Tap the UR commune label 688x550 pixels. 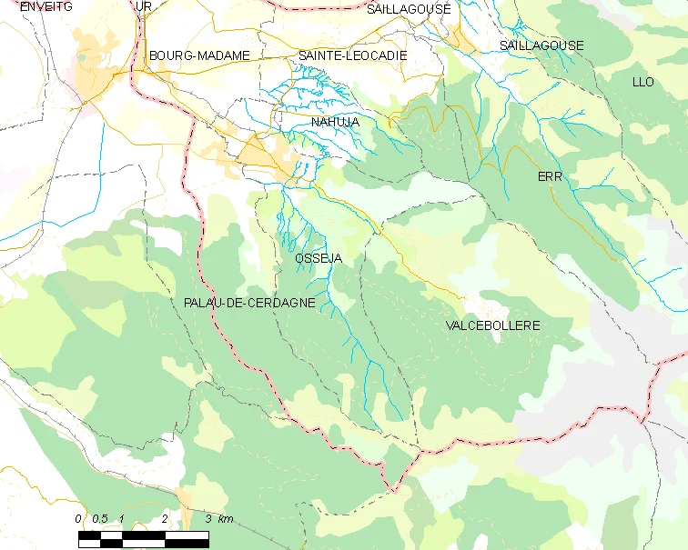tap(143, 6)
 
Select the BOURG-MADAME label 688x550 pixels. tap(199, 55)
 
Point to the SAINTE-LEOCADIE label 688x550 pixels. tap(352, 55)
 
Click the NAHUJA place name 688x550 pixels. tap(335, 122)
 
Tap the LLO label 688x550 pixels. tap(642, 82)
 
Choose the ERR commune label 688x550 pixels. tap(551, 176)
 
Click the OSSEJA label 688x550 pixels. tap(319, 259)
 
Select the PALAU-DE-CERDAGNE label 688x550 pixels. tap(248, 303)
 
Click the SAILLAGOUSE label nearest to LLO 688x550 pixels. tap(541, 45)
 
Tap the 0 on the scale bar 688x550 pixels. tap(79, 518)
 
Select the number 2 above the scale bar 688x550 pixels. tap(165, 518)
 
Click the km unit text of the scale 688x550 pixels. tap(225, 518)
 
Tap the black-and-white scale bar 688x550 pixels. tap(144, 538)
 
